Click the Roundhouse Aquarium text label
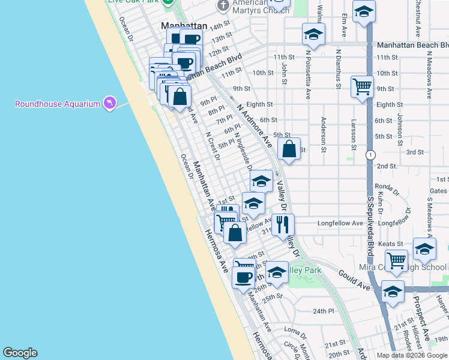[x=58, y=104]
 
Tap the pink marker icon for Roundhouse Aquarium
[x=109, y=104]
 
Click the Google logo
[x=20, y=353]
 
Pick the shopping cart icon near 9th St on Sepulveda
[x=363, y=87]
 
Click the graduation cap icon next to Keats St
[x=424, y=249]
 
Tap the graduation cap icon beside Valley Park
[x=277, y=272]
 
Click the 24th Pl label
[x=323, y=311]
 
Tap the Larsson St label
[x=354, y=133]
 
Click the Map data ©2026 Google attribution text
[x=412, y=355]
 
